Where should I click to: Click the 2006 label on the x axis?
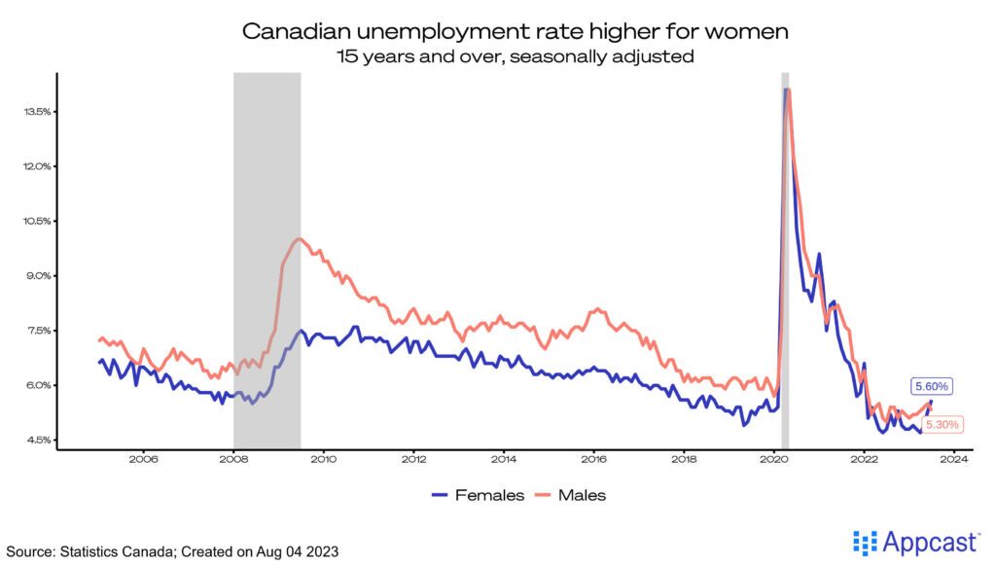coord(143,459)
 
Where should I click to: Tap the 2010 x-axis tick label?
coord(323,459)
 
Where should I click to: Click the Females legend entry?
coord(478,495)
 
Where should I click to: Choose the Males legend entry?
coord(569,495)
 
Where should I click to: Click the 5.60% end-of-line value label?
coord(932,386)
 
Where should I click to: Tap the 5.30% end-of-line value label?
coord(942,425)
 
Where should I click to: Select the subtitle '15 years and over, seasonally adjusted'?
coord(515,56)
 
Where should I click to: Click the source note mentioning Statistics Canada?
coord(172,550)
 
